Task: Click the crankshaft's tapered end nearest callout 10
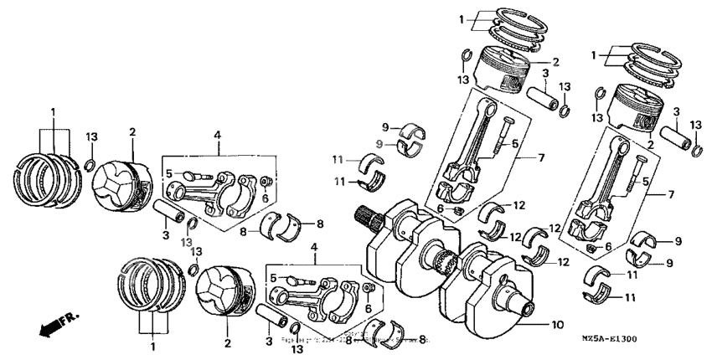coord(528,307)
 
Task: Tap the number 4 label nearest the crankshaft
coord(315,247)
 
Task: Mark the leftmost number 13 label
coord(92,136)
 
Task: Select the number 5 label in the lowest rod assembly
coord(273,277)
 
